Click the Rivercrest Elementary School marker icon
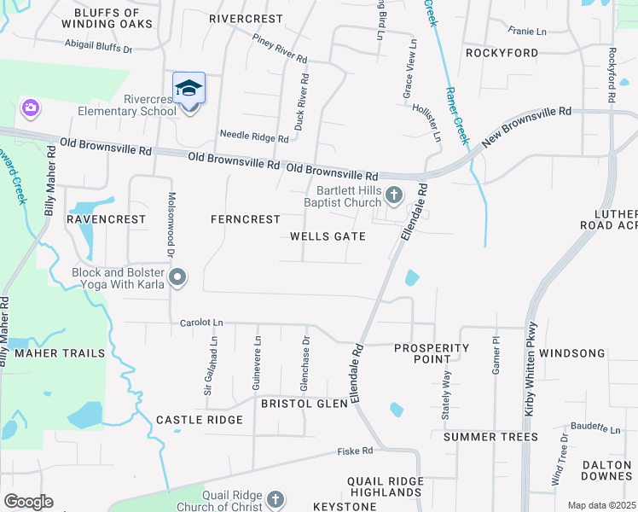coord(188,88)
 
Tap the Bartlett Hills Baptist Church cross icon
coord(394,196)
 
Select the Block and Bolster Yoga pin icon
coord(177,276)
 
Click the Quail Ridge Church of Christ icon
coord(275,498)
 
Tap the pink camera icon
coord(31,108)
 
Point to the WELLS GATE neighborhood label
coord(328,236)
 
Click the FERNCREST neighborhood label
coord(246,219)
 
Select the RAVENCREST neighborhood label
coord(107,219)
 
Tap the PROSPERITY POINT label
coord(432,354)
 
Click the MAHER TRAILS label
coord(59,353)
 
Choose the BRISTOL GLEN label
coord(304,404)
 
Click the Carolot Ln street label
coord(201,323)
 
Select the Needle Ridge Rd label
coord(254,137)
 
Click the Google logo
coord(28,502)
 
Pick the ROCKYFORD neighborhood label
coord(502,53)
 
